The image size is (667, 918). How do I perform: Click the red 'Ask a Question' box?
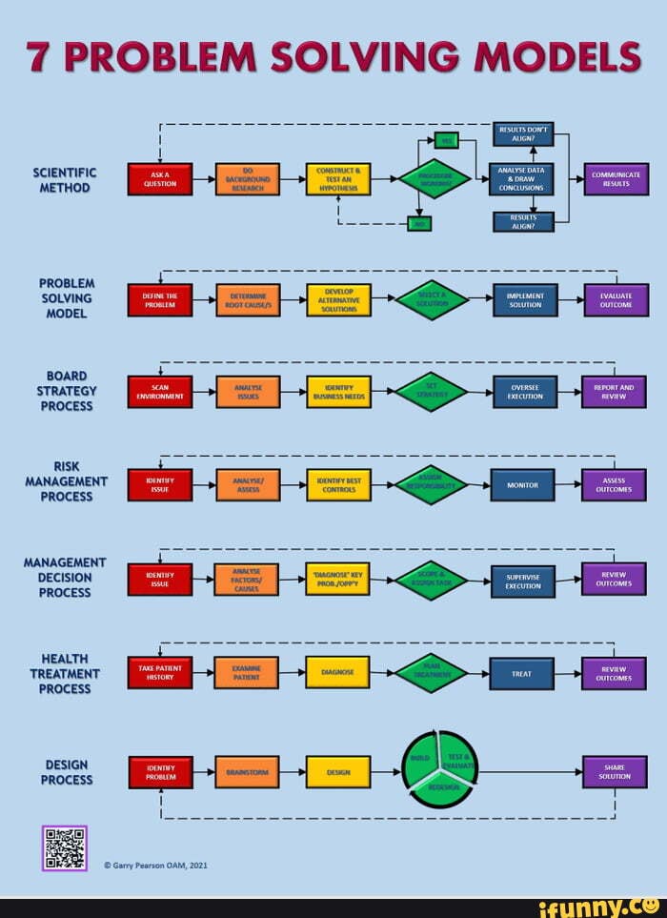click(x=160, y=179)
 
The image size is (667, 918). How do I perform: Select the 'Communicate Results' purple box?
click(x=616, y=179)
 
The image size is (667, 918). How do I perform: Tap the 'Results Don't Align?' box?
click(x=523, y=134)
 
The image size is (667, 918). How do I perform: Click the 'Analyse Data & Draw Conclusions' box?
click(x=521, y=179)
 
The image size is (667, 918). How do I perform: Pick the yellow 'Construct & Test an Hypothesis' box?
click(x=338, y=179)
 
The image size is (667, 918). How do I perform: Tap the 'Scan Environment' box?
click(x=160, y=392)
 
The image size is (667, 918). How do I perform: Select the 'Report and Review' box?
click(x=614, y=392)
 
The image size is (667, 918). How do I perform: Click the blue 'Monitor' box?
click(x=522, y=484)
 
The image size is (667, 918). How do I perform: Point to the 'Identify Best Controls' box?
click(x=338, y=484)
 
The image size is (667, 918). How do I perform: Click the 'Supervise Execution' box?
click(x=522, y=581)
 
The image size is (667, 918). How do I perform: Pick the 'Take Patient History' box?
click(x=160, y=672)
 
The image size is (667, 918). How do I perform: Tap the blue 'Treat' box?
click(x=521, y=673)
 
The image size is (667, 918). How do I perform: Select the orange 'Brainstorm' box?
click(x=247, y=772)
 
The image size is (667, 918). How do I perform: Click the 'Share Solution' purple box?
click(x=614, y=771)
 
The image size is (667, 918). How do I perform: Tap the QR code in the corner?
click(x=65, y=848)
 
